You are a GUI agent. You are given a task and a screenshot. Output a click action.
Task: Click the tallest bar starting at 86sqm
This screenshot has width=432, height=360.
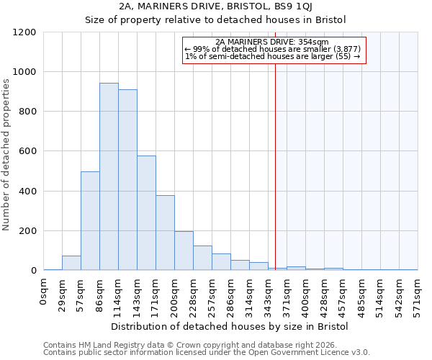(x=109, y=177)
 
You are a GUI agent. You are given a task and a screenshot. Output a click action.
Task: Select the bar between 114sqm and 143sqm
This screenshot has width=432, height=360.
(x=127, y=180)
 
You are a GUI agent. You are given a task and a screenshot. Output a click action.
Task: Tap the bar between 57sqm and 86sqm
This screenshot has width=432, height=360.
(x=90, y=221)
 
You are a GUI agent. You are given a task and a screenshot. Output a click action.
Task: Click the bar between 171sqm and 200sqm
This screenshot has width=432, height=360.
(x=165, y=233)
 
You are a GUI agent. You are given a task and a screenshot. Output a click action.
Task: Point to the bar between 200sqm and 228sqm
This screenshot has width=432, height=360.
(x=184, y=251)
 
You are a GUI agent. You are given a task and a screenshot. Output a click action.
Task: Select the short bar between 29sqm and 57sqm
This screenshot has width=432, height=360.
(x=71, y=263)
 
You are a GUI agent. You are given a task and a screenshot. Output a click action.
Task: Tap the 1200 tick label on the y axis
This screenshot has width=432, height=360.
(x=24, y=32)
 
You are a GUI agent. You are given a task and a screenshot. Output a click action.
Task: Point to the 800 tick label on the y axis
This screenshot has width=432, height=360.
(x=27, y=112)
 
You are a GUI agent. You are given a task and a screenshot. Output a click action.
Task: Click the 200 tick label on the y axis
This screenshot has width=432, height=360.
(x=27, y=231)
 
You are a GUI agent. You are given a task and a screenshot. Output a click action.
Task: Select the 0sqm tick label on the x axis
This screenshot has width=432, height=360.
(x=44, y=292)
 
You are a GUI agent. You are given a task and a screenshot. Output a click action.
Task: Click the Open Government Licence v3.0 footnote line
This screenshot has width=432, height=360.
(x=207, y=353)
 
